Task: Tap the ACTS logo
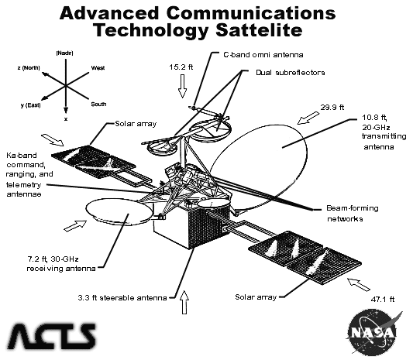pyautogui.click(x=51, y=336)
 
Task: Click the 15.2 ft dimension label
pyautogui.click(x=181, y=67)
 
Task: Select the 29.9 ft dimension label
pyautogui.click(x=332, y=108)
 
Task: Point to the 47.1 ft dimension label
pyautogui.click(x=383, y=300)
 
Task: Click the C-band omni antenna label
pyautogui.click(x=263, y=55)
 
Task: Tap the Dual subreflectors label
pyautogui.click(x=291, y=73)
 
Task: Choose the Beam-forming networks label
pyautogui.click(x=353, y=214)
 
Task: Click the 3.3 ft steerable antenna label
pyautogui.click(x=122, y=298)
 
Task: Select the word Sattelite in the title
pyautogui.click(x=259, y=30)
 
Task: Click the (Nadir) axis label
pyautogui.click(x=64, y=53)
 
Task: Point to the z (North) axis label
pyautogui.click(x=29, y=68)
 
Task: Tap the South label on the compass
pyautogui.click(x=98, y=105)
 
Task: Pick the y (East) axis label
pyautogui.click(x=30, y=105)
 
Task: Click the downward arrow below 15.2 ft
pyautogui.click(x=182, y=86)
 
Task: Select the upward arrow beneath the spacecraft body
pyautogui.click(x=184, y=302)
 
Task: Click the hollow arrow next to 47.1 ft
pyautogui.click(x=359, y=284)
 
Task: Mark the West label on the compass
pyautogui.click(x=98, y=68)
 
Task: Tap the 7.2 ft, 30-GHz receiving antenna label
pyautogui.click(x=61, y=264)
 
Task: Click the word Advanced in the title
pyautogui.click(x=109, y=13)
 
